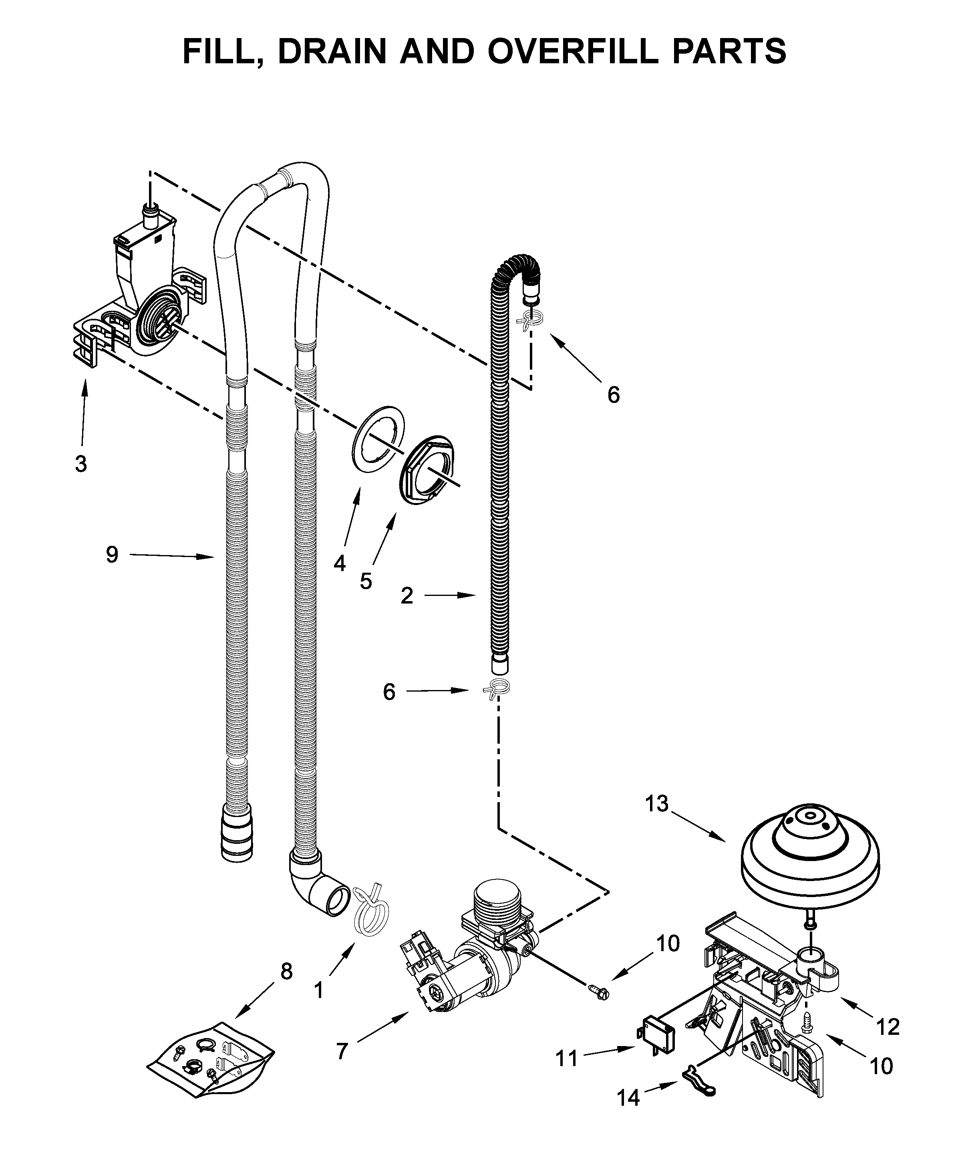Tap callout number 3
pos(81,464)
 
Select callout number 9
pos(112,555)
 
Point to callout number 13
pos(657,803)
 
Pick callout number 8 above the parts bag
pos(286,971)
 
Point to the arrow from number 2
pos(449,595)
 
